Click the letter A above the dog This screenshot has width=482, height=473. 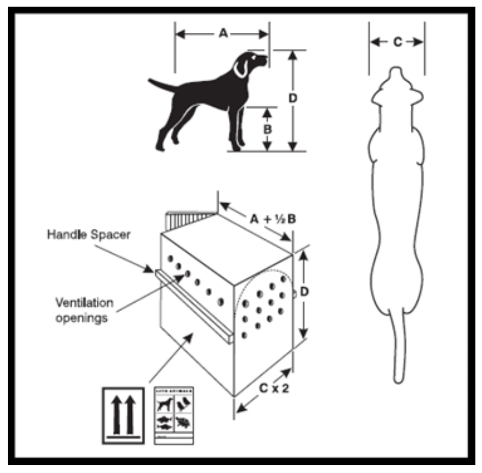point(223,34)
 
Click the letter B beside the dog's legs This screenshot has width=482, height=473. point(268,128)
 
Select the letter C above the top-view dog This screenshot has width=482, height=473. point(397,41)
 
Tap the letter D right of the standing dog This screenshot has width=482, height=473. point(293,98)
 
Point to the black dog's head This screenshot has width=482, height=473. point(250,63)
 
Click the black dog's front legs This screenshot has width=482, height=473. point(237,128)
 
